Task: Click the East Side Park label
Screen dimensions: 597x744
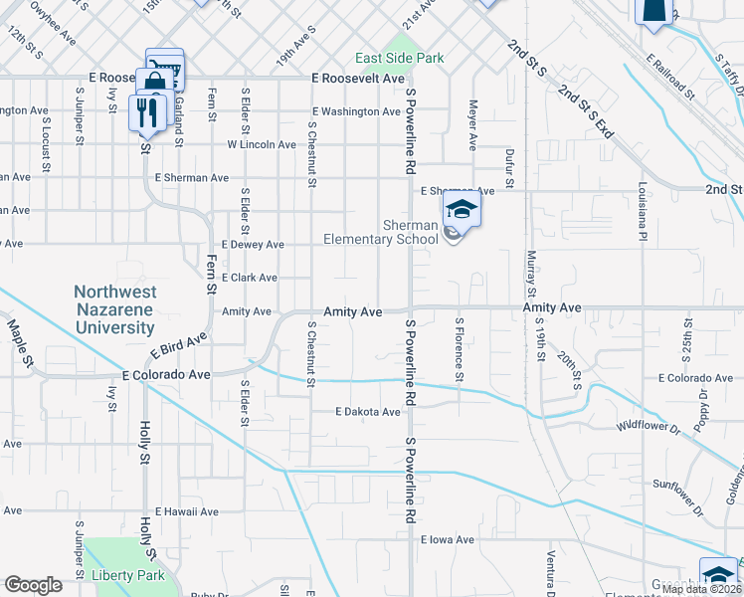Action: (x=401, y=59)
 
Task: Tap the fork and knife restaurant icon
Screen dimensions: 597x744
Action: (x=145, y=112)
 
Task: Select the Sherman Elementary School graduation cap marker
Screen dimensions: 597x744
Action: (x=462, y=211)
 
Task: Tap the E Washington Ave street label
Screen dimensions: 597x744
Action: (x=355, y=112)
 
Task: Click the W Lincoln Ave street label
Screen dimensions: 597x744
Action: (x=262, y=144)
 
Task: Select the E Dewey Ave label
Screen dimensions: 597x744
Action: (x=253, y=245)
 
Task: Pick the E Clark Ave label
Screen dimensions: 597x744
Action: (x=249, y=278)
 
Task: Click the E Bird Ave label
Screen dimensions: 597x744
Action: (x=179, y=345)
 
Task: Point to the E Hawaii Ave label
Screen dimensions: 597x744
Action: (x=185, y=511)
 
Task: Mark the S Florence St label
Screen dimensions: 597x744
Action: (x=460, y=349)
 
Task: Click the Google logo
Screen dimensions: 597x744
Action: (x=33, y=585)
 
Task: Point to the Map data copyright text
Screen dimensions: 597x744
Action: (x=700, y=589)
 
